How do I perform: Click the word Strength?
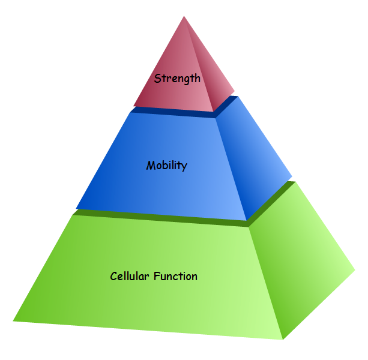click(177, 79)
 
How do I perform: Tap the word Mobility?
click(166, 166)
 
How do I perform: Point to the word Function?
click(176, 277)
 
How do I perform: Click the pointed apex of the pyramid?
click(183, 17)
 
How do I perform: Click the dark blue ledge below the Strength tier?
click(174, 112)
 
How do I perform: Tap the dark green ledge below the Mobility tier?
click(162, 217)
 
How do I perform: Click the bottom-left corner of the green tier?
click(13, 320)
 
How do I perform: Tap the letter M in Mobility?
click(151, 165)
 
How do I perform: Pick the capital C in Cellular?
click(114, 277)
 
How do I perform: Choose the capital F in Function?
click(157, 277)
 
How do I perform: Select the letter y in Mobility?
click(184, 167)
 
